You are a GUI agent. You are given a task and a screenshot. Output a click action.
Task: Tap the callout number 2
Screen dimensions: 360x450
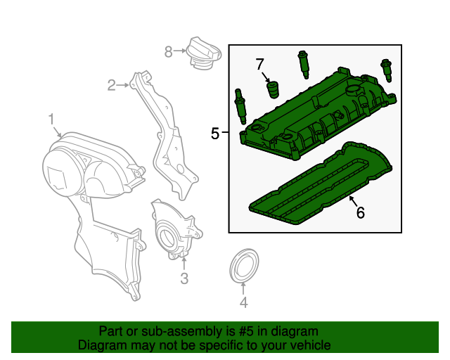point(111,86)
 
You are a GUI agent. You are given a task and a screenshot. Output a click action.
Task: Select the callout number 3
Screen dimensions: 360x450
point(184,279)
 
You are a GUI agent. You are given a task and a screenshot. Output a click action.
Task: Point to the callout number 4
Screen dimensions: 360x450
point(243,303)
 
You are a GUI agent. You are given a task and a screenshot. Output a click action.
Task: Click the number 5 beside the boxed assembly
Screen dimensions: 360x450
point(215,133)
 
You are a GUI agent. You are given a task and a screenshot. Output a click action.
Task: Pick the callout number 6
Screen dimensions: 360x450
point(361,212)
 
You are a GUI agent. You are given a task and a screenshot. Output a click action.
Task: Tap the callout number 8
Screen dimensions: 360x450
point(168,51)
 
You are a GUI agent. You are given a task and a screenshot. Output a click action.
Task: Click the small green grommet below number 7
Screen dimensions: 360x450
point(272,91)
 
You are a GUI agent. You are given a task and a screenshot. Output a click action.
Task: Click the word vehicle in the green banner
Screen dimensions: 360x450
point(306,346)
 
